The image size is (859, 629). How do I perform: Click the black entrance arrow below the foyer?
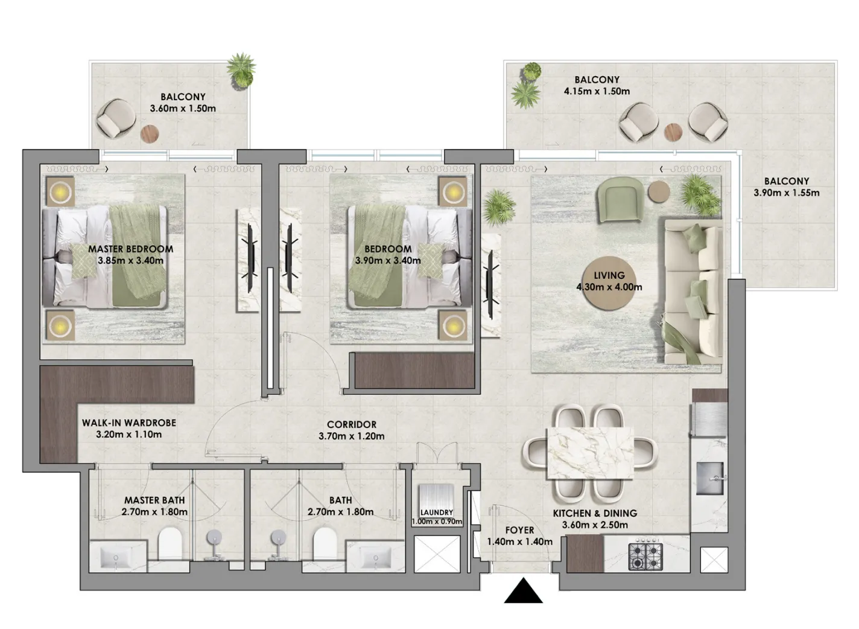(523, 592)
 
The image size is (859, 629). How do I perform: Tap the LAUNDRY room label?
(437, 512)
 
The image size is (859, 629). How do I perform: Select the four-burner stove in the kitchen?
(645, 556)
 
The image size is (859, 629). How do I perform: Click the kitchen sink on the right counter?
(712, 478)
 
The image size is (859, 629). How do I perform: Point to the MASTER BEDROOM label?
(130, 249)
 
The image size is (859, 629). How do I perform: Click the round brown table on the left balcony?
(150, 133)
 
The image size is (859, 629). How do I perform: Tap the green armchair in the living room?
(618, 201)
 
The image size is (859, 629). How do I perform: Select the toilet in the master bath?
(170, 544)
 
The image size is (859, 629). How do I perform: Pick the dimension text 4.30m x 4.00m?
(609, 287)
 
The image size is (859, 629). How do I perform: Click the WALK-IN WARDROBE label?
(129, 423)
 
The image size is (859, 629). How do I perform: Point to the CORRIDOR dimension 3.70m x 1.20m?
(352, 436)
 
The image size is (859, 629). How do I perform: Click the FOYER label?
(519, 530)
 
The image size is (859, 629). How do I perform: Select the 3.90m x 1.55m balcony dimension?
(786, 193)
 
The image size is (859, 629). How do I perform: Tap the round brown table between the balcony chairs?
(673, 130)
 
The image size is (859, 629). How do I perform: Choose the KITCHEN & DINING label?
(595, 513)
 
